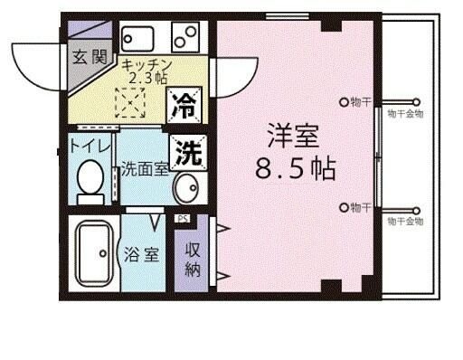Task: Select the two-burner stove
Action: point(186,37)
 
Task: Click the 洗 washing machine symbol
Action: point(188,153)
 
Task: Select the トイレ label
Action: point(89,146)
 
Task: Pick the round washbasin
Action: point(188,189)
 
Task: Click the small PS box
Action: point(182,218)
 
